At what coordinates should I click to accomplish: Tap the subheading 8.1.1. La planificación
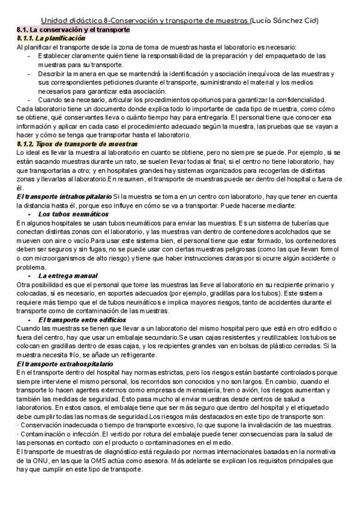pyautogui.click(x=51, y=38)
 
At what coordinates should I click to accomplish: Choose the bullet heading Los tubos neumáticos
pyautogui.click(x=70, y=213)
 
